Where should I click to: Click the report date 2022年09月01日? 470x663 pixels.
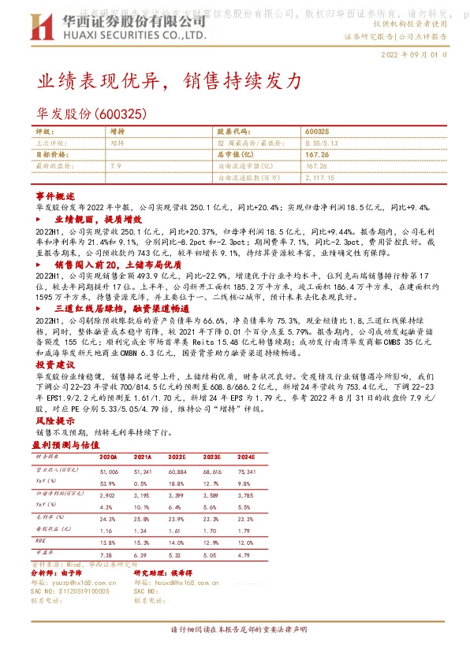[x=414, y=56]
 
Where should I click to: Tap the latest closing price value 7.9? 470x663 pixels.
[x=116, y=167]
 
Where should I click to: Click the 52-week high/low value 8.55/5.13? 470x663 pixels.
[x=323, y=143]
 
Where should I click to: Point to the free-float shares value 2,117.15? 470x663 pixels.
[x=319, y=179]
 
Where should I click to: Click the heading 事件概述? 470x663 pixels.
[x=56, y=194]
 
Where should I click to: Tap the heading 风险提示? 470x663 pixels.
[x=55, y=421]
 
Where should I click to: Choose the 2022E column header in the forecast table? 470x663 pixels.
[x=177, y=457]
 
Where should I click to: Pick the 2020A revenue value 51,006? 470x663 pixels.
[x=108, y=470]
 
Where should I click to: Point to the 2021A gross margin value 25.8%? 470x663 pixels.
[x=142, y=519]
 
